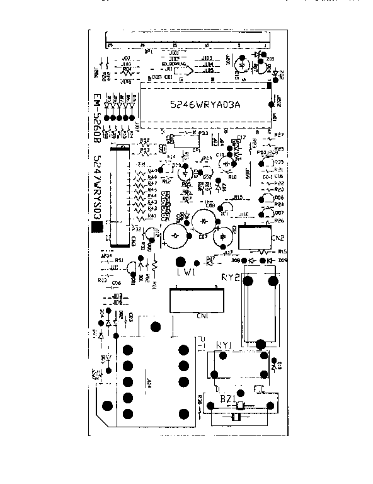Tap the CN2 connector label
coord(277,238)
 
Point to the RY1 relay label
coord(225,345)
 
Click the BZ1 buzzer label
coord(227,400)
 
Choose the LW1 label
coord(186,273)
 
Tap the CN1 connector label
coord(203,316)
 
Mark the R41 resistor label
coord(151,216)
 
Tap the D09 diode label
coord(282,260)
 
